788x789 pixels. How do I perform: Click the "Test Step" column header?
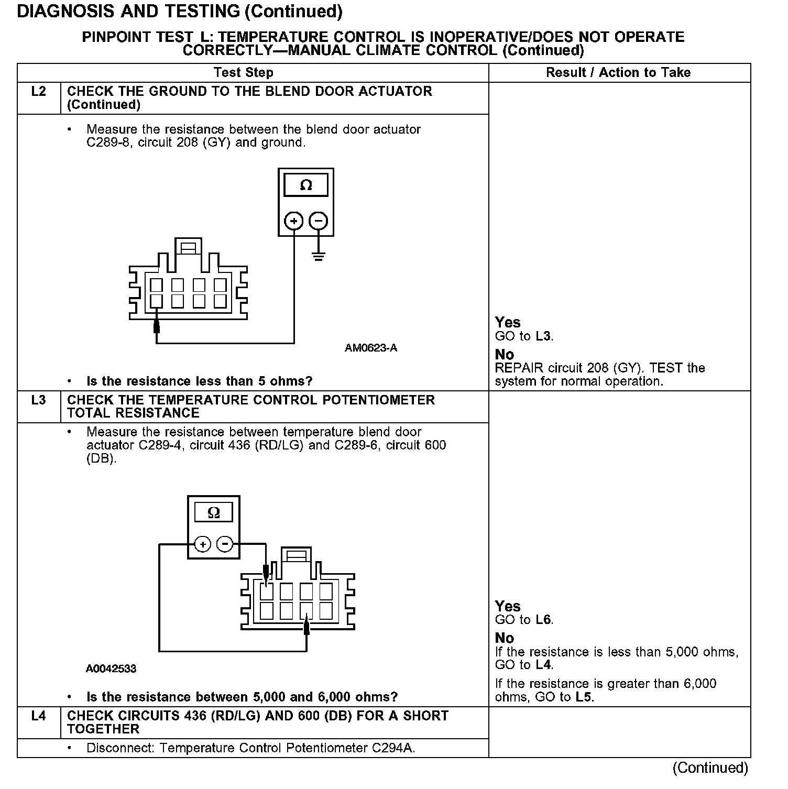[x=243, y=72]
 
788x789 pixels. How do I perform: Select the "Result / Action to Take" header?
[x=618, y=72]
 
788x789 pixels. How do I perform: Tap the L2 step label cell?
[x=39, y=92]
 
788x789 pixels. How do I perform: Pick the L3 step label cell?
[x=39, y=400]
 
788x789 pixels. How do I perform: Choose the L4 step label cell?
[x=39, y=716]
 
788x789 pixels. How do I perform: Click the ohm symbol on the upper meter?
[x=306, y=185]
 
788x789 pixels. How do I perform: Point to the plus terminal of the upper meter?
[x=294, y=221]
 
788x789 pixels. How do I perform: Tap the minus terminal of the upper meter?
[x=318, y=221]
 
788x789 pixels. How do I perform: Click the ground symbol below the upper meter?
[x=318, y=256]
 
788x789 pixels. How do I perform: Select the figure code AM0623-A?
[x=371, y=348]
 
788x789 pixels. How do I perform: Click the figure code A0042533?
[x=111, y=669]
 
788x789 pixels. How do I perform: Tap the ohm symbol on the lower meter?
[x=214, y=512]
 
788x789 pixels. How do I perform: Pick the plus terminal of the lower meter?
[x=202, y=544]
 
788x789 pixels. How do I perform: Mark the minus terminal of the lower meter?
[x=225, y=544]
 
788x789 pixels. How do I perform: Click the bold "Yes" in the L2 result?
[x=508, y=322]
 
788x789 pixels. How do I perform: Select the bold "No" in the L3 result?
[x=505, y=638]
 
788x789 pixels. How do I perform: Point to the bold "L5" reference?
[x=584, y=697]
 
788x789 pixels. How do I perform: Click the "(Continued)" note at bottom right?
[x=710, y=768]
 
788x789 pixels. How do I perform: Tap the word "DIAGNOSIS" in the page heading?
[x=67, y=11]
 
